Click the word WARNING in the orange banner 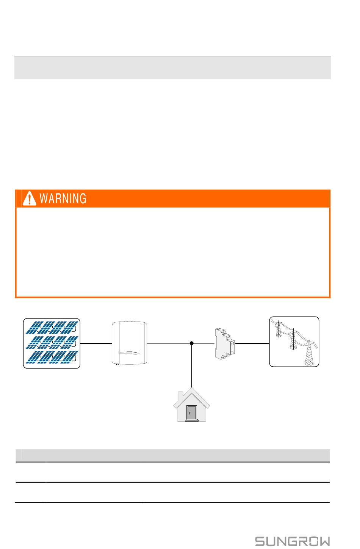(63, 199)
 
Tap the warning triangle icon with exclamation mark (29, 198)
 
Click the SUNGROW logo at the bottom (292, 541)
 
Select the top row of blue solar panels (52, 328)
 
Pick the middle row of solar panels (52, 342)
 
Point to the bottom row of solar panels (52, 357)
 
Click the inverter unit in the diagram (129, 343)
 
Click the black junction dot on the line (192, 343)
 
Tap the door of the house (192, 413)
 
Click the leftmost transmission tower (279, 329)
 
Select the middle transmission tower (292, 340)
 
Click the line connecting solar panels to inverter (96, 343)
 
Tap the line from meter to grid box (252, 343)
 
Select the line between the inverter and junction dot (169, 343)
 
